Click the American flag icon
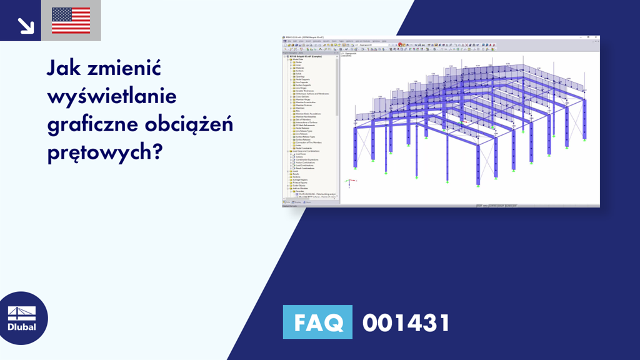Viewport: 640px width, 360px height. click(71, 21)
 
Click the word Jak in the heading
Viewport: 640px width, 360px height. click(64, 67)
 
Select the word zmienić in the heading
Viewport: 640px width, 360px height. click(124, 67)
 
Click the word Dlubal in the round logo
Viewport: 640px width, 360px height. click(21, 326)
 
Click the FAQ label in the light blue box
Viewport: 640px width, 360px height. click(317, 322)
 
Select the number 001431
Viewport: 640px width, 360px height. click(406, 322)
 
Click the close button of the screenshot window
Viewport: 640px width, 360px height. click(597, 38)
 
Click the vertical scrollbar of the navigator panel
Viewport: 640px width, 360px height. click(338, 94)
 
